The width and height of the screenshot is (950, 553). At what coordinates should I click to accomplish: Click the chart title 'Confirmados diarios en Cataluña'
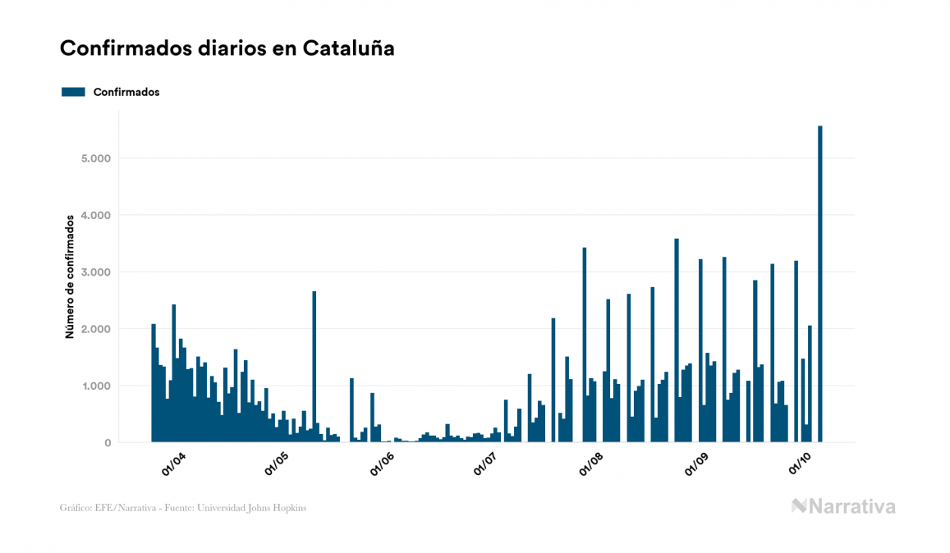coord(227,48)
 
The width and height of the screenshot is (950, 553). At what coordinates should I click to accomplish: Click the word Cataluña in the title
coord(348,48)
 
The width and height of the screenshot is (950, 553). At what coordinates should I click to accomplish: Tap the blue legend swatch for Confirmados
coord(73,92)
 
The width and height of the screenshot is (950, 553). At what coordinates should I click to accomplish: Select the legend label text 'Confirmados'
coord(126,92)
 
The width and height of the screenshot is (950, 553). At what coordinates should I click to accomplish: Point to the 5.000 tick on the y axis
coord(96,158)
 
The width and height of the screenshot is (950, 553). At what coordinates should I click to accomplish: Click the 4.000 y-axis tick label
coord(96,215)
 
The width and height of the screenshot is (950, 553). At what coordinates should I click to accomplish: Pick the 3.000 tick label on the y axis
coord(96,272)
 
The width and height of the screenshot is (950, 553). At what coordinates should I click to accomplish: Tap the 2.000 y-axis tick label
coord(96,329)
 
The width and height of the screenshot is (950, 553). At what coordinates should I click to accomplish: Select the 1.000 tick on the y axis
coord(96,386)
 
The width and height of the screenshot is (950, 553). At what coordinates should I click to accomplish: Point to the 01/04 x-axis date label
coord(173,464)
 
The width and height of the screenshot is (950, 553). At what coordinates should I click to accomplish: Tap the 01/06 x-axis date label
coord(383,464)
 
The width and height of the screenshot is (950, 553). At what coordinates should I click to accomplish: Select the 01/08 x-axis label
coord(591,464)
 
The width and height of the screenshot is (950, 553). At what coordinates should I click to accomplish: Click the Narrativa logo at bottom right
coord(843,506)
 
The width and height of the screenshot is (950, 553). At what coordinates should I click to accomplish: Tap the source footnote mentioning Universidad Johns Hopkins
coord(183,508)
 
